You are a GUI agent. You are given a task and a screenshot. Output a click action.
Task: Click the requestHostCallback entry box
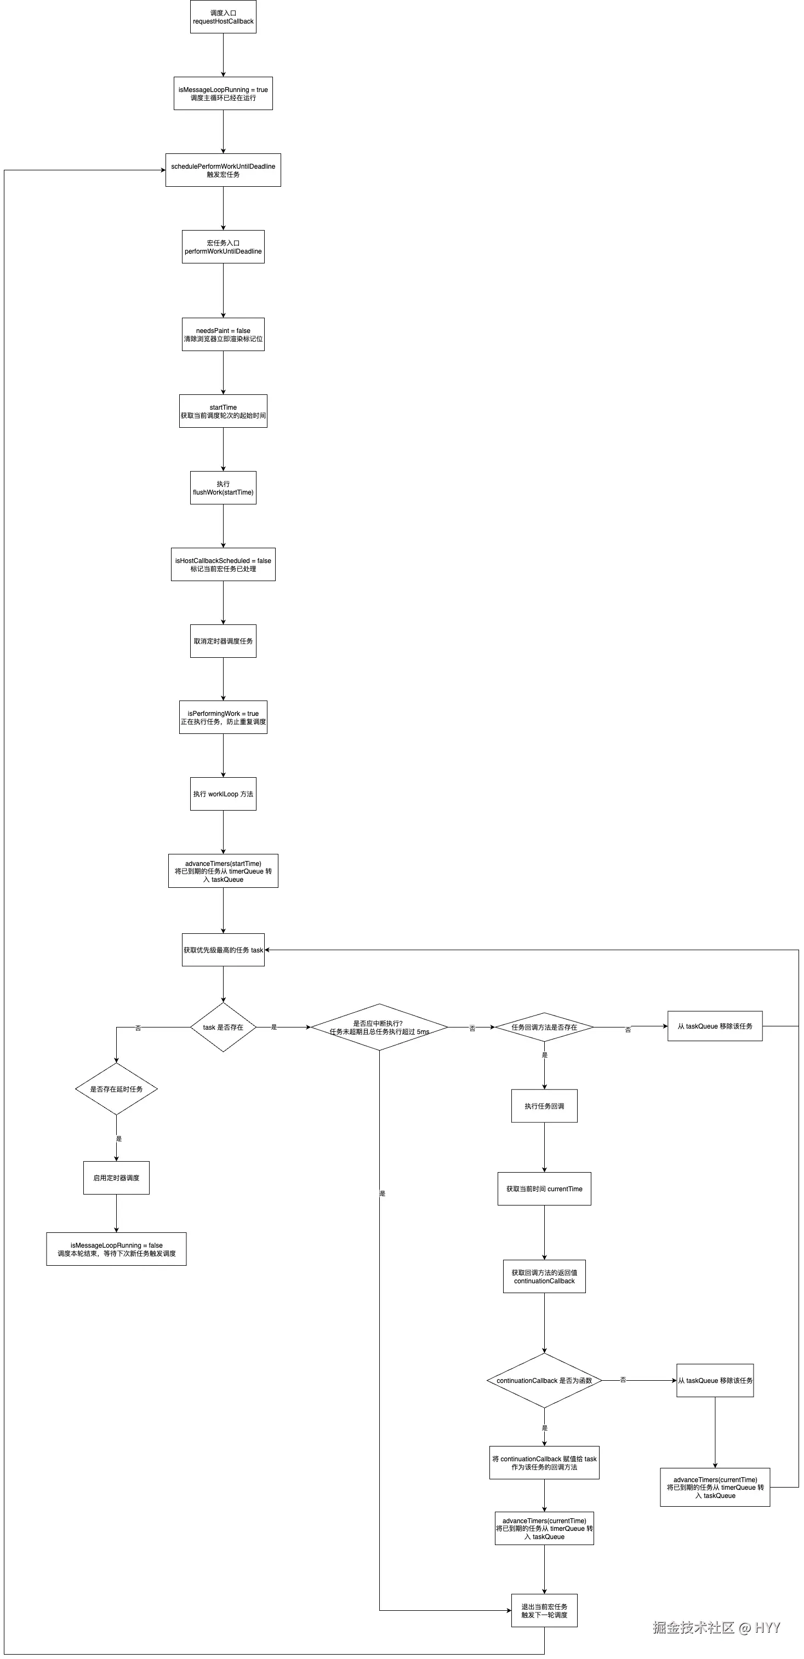[223, 17]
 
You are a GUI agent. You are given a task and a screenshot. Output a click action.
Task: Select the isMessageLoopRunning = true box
[223, 93]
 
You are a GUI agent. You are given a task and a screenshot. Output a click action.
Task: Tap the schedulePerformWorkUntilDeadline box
[223, 170]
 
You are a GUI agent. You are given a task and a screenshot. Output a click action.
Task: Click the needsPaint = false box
[223, 334]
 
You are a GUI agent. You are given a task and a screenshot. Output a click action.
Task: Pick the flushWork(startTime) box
[223, 487]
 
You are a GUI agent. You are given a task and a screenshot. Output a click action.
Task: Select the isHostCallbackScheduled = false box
[223, 564]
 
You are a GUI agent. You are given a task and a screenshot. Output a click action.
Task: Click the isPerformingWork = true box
[223, 717]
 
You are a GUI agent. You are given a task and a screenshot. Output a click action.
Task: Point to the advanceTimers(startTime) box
[223, 871]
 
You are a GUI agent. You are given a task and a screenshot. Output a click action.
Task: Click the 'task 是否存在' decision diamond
[223, 1027]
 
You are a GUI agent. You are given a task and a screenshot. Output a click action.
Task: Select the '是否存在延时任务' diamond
[116, 1089]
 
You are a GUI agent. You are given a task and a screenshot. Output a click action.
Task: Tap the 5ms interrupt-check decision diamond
[379, 1027]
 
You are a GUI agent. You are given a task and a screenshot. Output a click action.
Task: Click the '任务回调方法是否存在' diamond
[544, 1027]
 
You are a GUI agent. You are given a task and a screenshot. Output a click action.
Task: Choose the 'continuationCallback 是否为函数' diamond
[544, 1380]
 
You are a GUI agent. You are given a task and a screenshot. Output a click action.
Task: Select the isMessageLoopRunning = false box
[116, 1249]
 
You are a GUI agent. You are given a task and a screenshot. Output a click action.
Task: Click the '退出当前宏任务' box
[544, 1610]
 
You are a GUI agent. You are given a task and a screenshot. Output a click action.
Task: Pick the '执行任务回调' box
[544, 1106]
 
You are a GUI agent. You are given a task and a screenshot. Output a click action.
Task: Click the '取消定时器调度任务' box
[223, 641]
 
